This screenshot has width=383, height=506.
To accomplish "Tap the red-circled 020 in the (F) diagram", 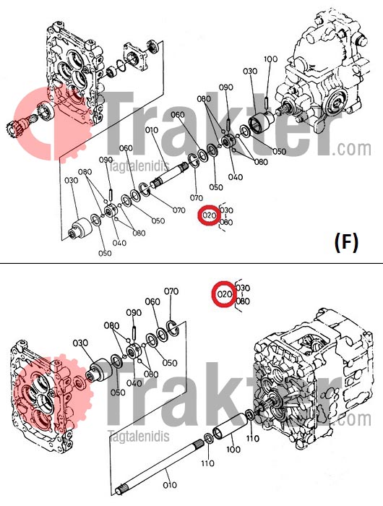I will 210,215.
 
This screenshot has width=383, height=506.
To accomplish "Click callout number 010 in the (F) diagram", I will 152,131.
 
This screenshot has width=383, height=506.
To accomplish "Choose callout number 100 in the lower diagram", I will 233,449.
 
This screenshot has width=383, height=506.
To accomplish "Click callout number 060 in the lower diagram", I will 152,301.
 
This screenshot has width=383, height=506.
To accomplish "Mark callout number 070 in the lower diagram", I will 171,291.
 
